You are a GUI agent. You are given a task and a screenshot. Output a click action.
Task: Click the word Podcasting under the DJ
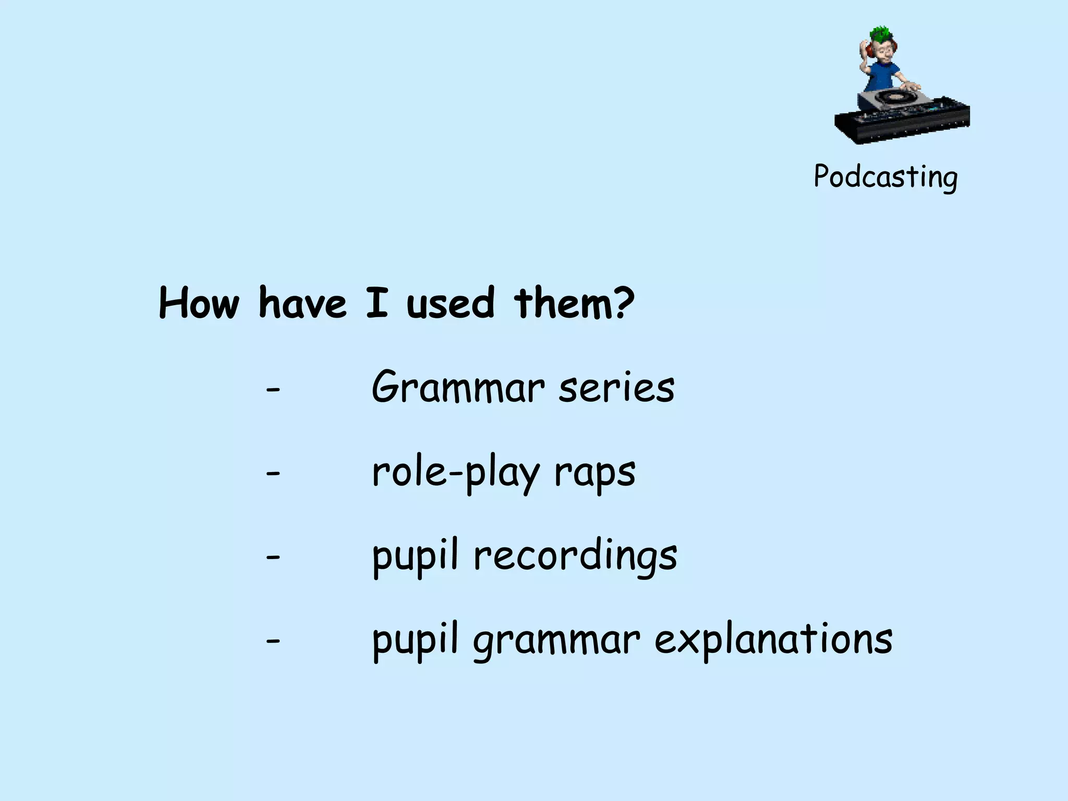coord(885,177)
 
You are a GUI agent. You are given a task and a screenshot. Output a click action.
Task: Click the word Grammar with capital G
coord(458,389)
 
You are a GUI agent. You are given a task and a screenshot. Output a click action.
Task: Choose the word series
coord(616,389)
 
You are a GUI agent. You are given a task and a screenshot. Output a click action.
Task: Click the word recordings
coord(575,557)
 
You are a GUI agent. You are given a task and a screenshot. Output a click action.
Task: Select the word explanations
coord(773,640)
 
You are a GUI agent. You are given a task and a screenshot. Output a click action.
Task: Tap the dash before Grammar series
coord(273,390)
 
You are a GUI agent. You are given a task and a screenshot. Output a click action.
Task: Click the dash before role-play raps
coord(273,474)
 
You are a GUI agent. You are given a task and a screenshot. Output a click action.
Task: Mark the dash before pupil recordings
coord(273,557)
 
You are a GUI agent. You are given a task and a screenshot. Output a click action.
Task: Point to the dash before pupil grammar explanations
coord(273,640)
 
